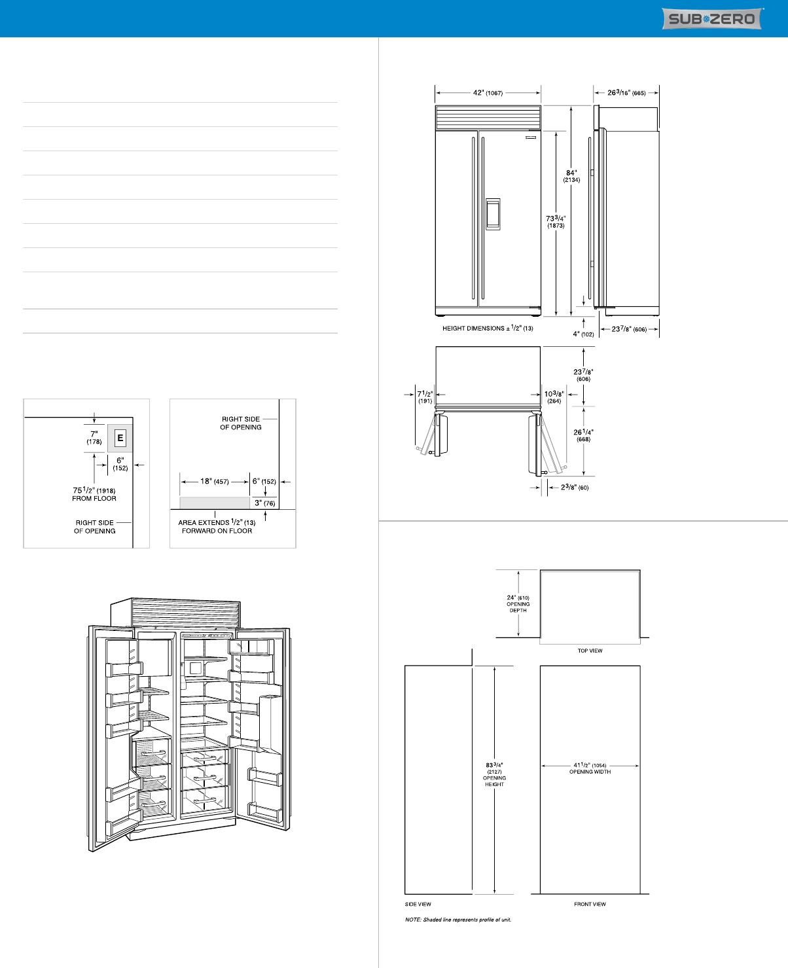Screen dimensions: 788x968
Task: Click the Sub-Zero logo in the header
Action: click(712, 18)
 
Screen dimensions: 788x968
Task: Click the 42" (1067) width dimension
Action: click(488, 93)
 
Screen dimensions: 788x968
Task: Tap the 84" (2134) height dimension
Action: click(571, 176)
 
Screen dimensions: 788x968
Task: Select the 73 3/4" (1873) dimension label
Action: click(556, 222)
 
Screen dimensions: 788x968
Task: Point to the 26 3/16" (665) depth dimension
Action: click(626, 93)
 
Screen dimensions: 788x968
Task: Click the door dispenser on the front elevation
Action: click(493, 214)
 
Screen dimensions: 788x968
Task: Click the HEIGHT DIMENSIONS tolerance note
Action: click(488, 328)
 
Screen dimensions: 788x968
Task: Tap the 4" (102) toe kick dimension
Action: click(583, 334)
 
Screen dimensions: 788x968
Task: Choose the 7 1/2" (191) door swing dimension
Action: click(425, 397)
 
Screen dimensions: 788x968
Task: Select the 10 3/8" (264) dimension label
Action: click(554, 397)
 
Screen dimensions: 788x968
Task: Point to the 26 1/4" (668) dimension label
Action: click(584, 435)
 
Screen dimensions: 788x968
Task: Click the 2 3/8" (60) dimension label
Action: click(575, 487)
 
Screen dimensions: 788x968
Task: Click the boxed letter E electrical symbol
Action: click(120, 438)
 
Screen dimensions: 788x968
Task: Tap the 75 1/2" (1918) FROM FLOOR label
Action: click(94, 494)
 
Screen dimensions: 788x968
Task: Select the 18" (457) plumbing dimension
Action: click(215, 481)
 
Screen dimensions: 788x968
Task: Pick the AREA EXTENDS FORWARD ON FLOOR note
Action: click(217, 526)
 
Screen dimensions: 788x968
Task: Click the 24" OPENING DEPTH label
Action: click(518, 604)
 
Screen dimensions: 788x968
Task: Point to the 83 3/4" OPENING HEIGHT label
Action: click(494, 774)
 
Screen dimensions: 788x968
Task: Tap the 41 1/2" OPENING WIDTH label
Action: click(590, 768)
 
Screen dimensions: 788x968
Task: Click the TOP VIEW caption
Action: click(590, 651)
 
